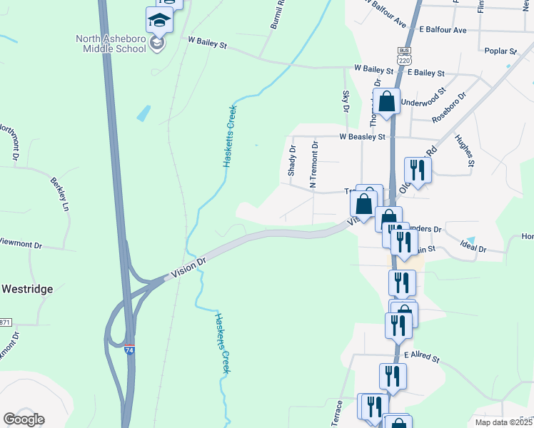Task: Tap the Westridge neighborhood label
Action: pyautogui.click(x=26, y=289)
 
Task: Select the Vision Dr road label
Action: pyautogui.click(x=188, y=268)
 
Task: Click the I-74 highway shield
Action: pyautogui.click(x=129, y=350)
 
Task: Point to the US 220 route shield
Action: pyautogui.click(x=405, y=61)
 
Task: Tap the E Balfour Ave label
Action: pyautogui.click(x=443, y=31)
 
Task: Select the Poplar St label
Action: pyautogui.click(x=500, y=51)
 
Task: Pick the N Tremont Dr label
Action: pyautogui.click(x=313, y=165)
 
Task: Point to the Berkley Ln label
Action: pyautogui.click(x=59, y=195)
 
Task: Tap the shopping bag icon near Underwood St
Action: pyautogui.click(x=386, y=102)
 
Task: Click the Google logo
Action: pyautogui.click(x=24, y=419)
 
